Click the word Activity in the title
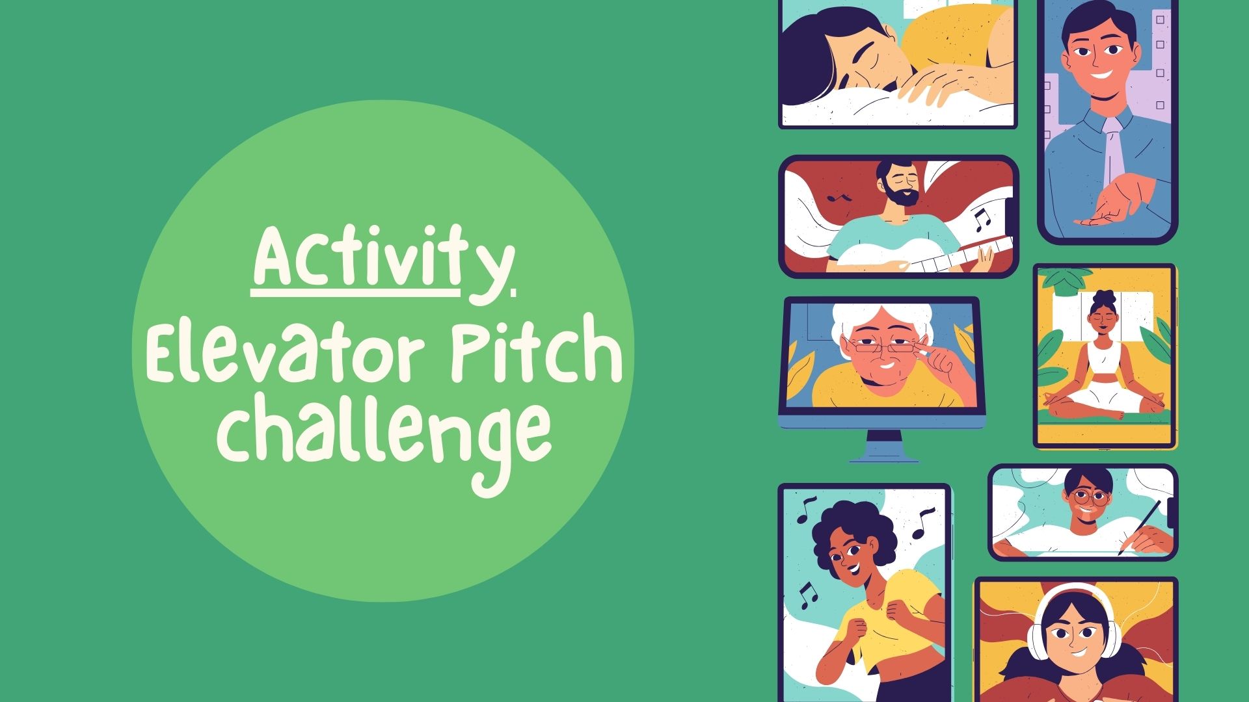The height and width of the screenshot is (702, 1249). point(383,264)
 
